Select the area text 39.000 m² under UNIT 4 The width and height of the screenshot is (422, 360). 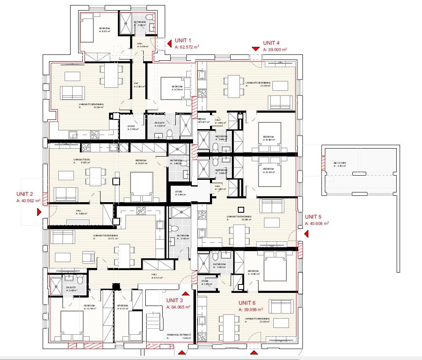coord(275,49)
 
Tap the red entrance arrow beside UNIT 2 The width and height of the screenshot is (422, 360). coord(39,212)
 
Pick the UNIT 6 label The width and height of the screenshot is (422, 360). coord(248,303)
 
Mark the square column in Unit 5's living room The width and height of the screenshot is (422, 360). coord(241,209)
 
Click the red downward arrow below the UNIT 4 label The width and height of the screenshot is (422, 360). coord(255,49)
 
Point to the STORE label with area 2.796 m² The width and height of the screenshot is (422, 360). coord(131,128)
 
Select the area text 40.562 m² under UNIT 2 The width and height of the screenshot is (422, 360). coord(28,201)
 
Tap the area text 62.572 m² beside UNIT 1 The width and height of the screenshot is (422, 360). coord(187,47)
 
